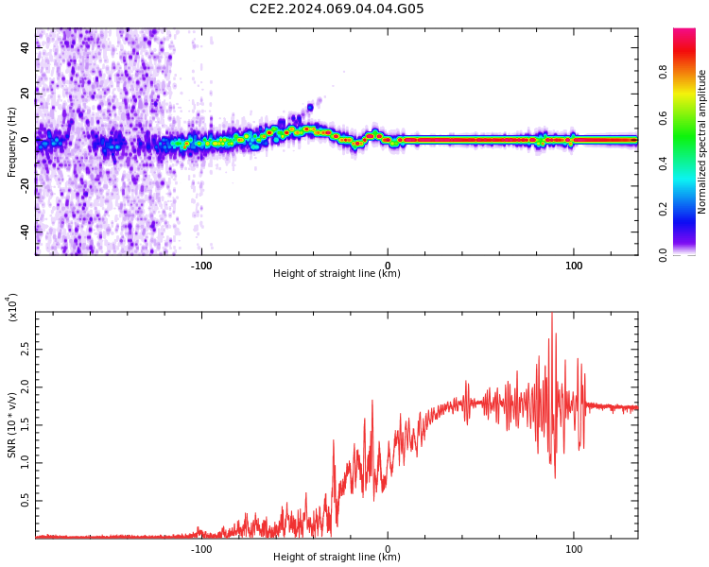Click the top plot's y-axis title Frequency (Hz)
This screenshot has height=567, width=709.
[11, 142]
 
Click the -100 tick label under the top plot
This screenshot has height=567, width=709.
[200, 266]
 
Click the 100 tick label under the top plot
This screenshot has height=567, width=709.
[573, 266]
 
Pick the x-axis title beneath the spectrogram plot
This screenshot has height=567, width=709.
[337, 274]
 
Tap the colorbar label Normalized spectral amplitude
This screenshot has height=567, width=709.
[702, 142]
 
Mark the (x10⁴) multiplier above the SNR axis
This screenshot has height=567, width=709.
[13, 308]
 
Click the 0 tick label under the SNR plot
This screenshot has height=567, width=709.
[388, 549]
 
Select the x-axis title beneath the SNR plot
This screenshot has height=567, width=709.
[337, 558]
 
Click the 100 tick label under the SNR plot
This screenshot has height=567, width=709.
[573, 549]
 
